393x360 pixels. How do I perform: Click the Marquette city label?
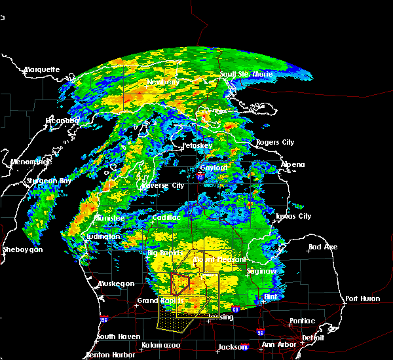pos(42,69)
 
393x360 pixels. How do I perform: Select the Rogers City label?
pos(276,142)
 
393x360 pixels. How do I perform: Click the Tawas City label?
pos(293,216)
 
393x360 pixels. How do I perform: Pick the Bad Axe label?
pos(323,247)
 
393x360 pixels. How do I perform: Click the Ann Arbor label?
pos(276,345)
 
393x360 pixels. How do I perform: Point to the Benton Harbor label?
pos(111,355)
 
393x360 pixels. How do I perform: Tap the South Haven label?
pos(115,336)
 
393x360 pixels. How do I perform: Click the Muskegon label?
pos(117,283)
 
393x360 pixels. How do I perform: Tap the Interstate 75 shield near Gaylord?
pos(208,174)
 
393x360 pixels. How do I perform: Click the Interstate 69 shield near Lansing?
pos(235,308)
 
